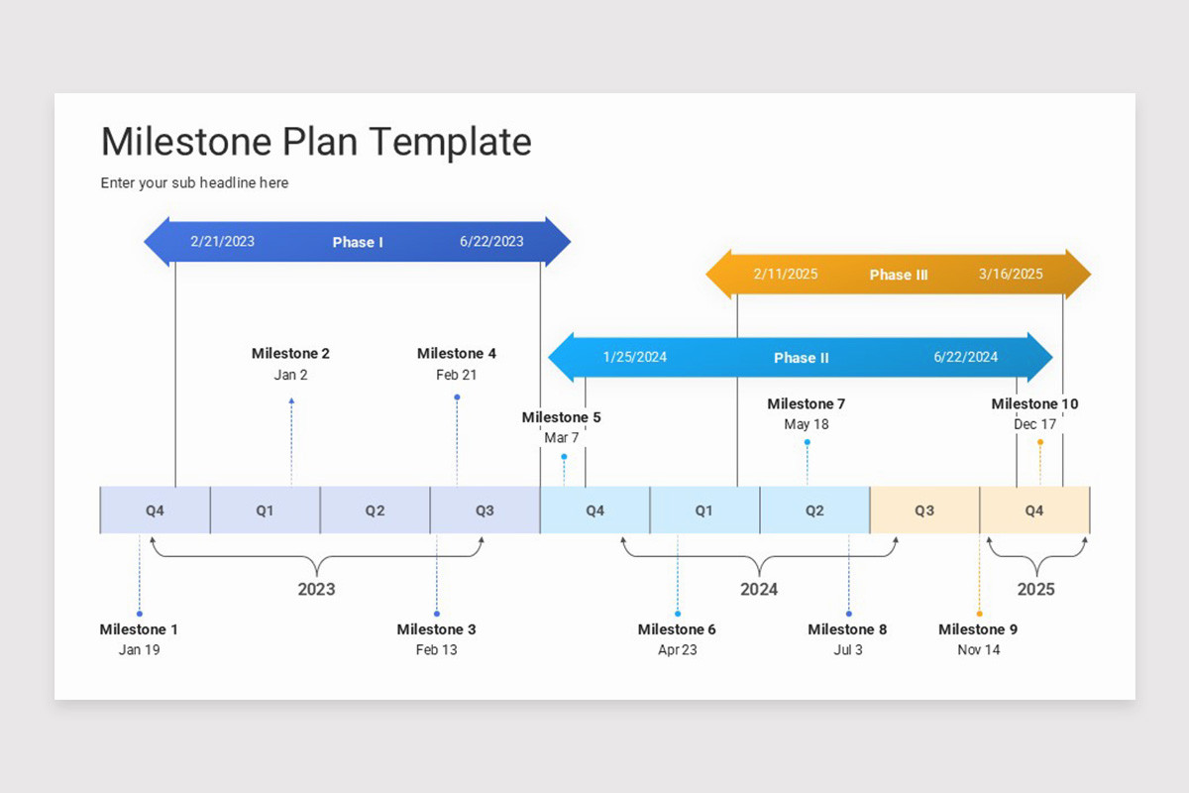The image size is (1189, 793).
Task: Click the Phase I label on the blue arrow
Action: (358, 242)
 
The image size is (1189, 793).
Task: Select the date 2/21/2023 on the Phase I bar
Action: (222, 241)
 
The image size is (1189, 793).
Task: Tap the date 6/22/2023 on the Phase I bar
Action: (491, 241)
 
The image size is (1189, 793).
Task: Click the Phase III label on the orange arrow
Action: (899, 275)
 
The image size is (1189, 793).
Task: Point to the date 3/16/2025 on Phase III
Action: (1011, 274)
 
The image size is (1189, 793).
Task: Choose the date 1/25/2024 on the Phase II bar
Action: (635, 357)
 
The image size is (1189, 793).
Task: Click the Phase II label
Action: (802, 358)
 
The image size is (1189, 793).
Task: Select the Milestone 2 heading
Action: (290, 353)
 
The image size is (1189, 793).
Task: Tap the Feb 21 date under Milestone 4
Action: (456, 375)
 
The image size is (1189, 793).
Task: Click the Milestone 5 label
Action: (561, 417)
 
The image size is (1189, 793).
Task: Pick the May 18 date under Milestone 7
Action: (807, 424)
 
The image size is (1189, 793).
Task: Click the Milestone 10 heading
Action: (1034, 403)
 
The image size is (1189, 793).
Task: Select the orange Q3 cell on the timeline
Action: (923, 510)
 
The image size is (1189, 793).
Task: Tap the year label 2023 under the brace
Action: (316, 589)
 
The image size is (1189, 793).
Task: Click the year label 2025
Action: (1035, 589)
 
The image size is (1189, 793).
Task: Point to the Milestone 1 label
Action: (139, 629)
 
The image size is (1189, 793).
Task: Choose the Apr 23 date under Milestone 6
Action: (678, 650)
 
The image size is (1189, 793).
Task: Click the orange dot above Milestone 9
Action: (979, 614)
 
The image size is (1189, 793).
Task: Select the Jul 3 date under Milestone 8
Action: (848, 650)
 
